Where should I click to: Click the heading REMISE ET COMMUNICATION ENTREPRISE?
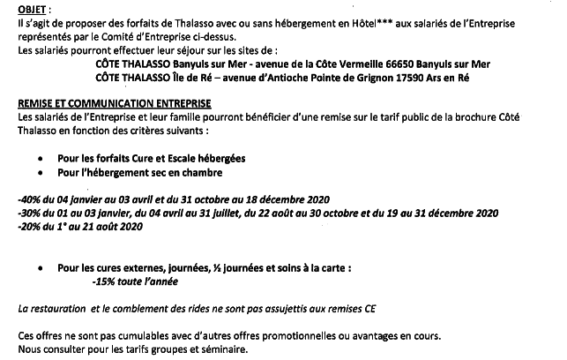tap(114, 103)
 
